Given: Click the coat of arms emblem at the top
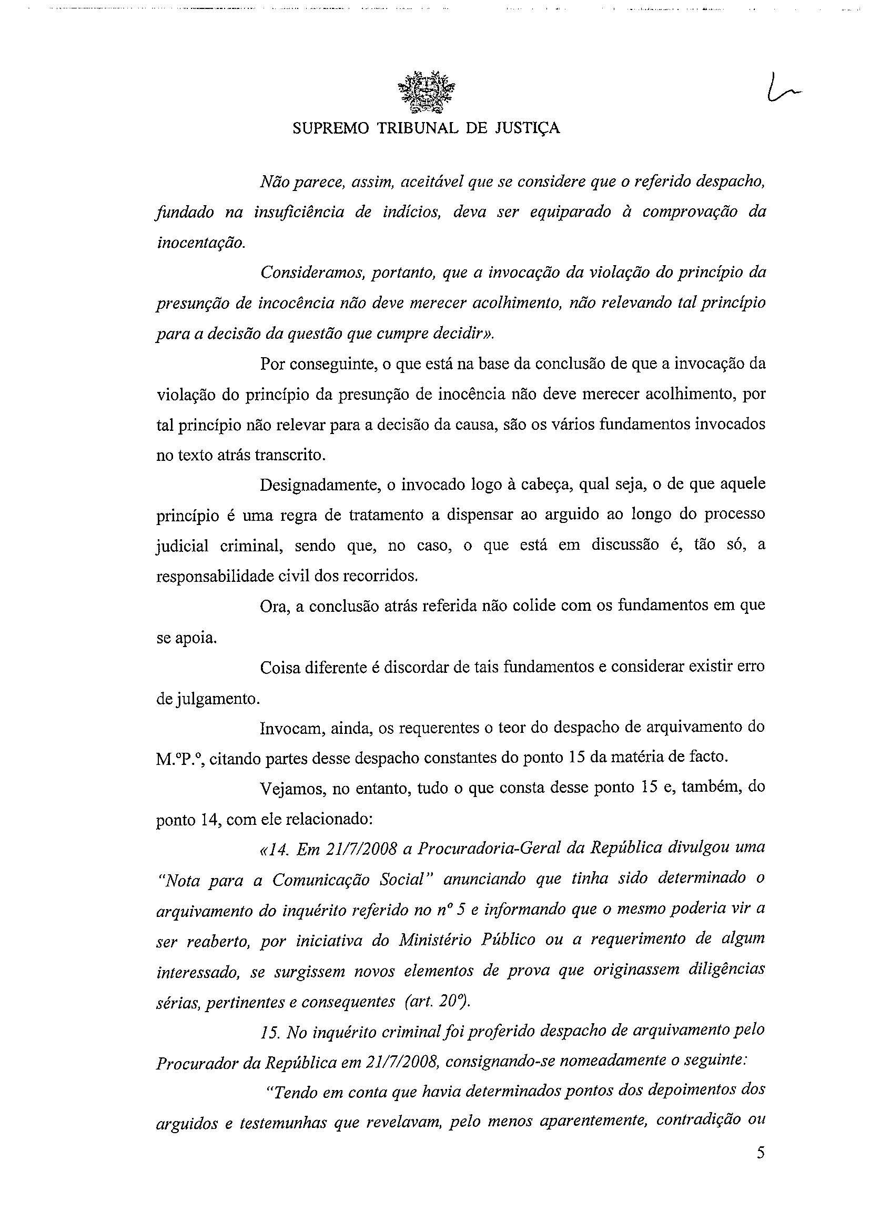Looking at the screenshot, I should tap(427, 94).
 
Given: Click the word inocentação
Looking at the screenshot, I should tap(200, 243).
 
